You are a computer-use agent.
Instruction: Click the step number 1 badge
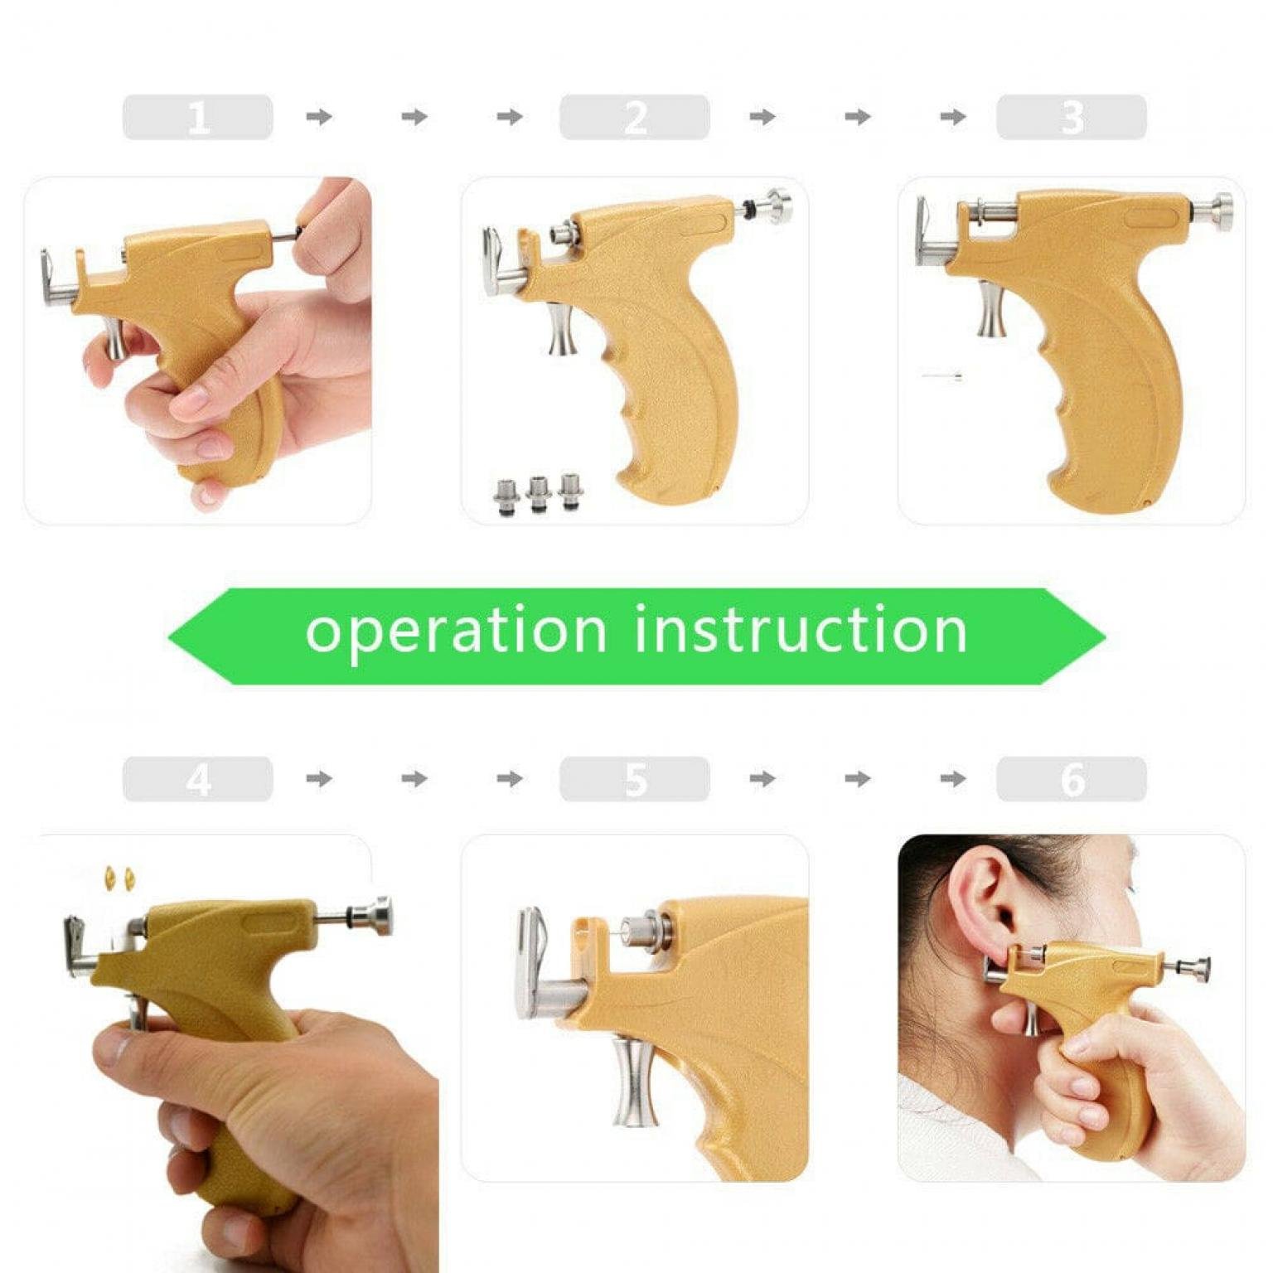pos(197,117)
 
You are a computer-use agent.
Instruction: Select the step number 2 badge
pos(634,117)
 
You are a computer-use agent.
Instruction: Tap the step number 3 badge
pos(1071,117)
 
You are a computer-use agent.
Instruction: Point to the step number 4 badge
pos(197,778)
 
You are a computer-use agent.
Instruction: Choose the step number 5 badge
pos(634,778)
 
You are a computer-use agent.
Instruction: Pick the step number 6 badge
pos(1071,778)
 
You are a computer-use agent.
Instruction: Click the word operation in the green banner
pos(456,631)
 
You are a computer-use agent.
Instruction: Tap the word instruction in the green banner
pos(801,629)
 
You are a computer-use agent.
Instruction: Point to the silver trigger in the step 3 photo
pos(992,308)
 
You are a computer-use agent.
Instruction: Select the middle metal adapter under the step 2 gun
pos(538,494)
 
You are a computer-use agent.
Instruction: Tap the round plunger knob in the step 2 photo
pos(777,206)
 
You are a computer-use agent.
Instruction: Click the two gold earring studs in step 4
pos(119,877)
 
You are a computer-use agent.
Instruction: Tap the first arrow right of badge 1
pos(319,117)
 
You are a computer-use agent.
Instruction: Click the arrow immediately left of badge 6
pos(953,778)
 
